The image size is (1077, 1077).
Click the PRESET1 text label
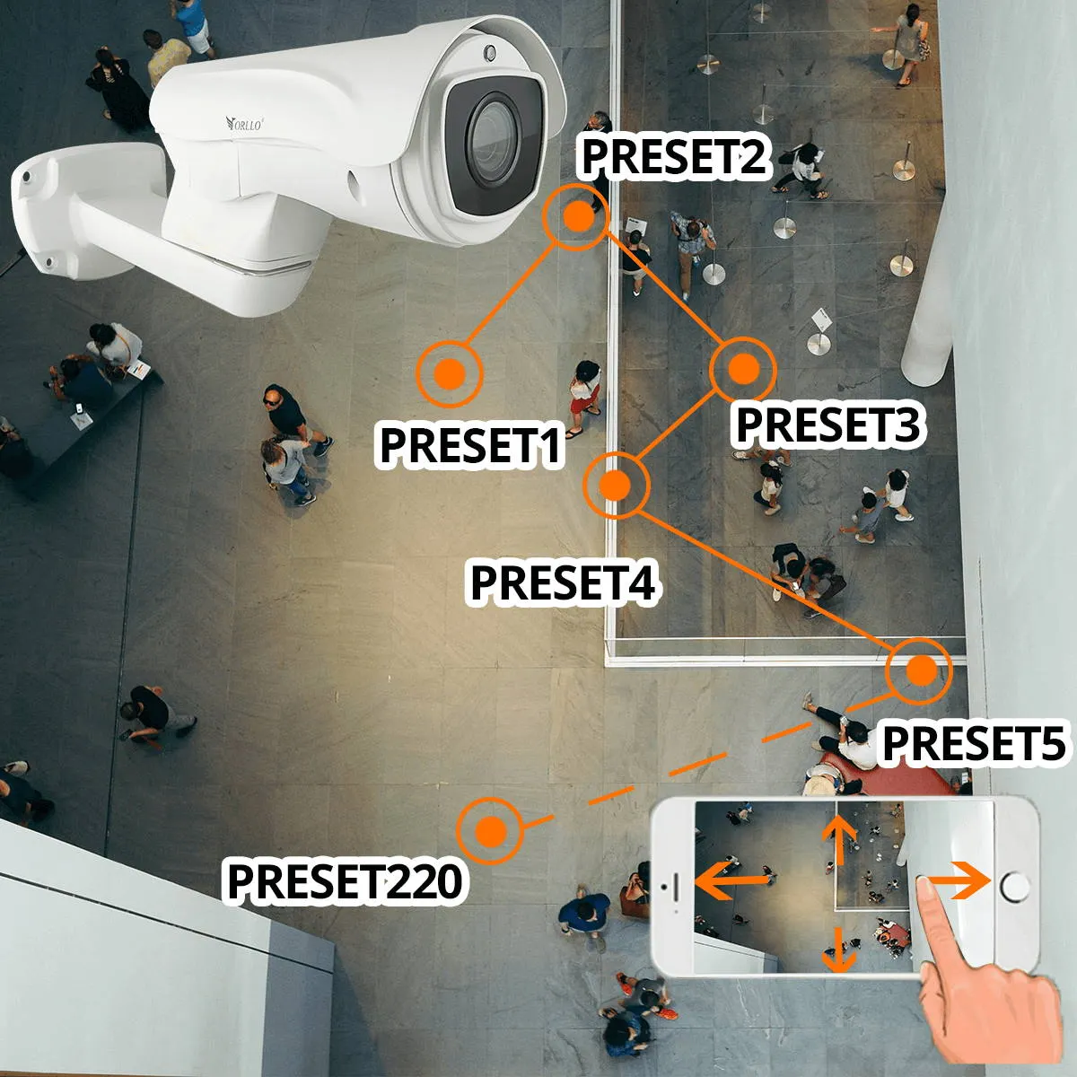(470, 445)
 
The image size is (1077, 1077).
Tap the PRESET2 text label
(673, 156)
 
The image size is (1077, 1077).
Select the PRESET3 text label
(827, 425)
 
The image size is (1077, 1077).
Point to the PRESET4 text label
(564, 582)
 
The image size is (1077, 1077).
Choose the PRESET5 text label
(974, 744)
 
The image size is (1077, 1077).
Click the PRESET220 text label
(345, 881)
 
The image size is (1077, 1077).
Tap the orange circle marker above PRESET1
(450, 372)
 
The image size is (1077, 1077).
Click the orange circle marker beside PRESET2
(577, 215)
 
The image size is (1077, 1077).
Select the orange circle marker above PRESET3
(743, 368)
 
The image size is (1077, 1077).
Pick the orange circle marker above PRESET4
(615, 485)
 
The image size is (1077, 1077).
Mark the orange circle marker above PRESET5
(917, 670)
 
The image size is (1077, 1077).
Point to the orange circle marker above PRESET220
(490, 830)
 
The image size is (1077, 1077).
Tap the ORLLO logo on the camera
(244, 123)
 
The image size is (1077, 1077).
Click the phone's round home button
(1015, 887)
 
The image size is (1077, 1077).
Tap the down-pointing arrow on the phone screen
(839, 950)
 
